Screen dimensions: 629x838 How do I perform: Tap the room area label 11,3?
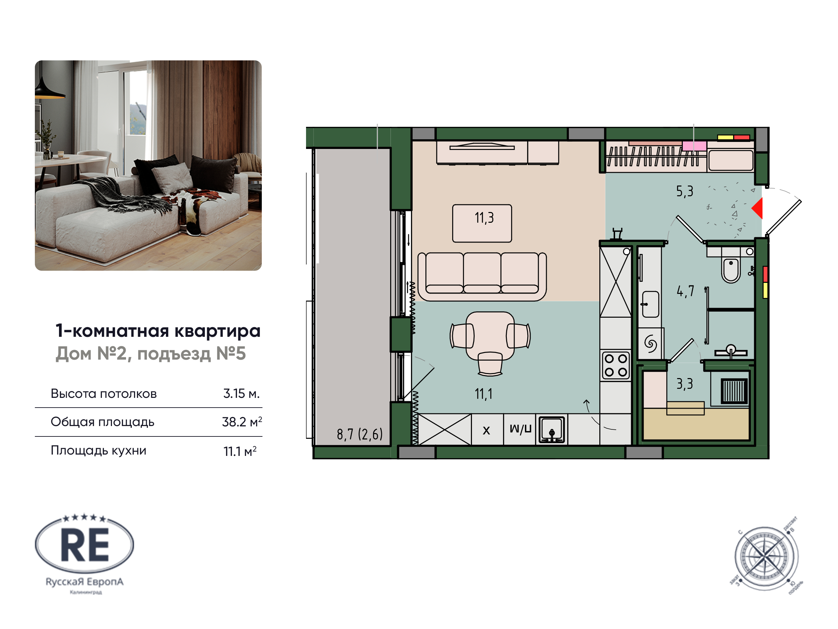point(484,218)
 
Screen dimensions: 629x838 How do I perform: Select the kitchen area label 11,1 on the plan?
point(483,394)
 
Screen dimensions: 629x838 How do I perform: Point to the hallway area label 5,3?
point(684,192)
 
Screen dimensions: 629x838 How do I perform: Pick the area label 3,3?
point(684,384)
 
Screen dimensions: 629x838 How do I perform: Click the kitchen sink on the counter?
point(552,430)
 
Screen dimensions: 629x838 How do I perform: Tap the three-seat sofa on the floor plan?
point(482,276)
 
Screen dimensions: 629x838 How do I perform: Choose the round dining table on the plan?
point(490,335)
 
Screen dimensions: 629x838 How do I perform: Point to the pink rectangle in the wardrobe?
point(694,146)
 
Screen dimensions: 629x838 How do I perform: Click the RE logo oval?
point(84,545)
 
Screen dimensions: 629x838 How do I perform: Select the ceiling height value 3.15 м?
point(241,394)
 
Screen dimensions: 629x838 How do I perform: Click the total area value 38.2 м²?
point(242,422)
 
